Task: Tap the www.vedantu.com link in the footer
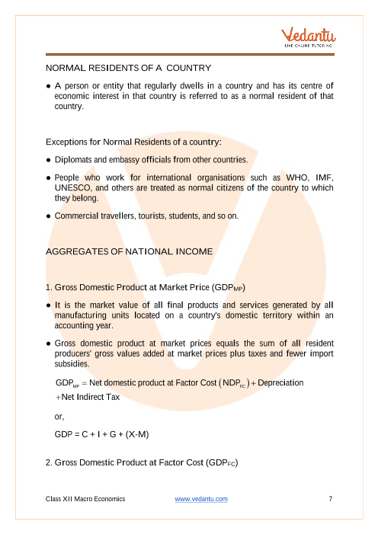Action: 201,499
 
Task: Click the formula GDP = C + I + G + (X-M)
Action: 101,434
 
